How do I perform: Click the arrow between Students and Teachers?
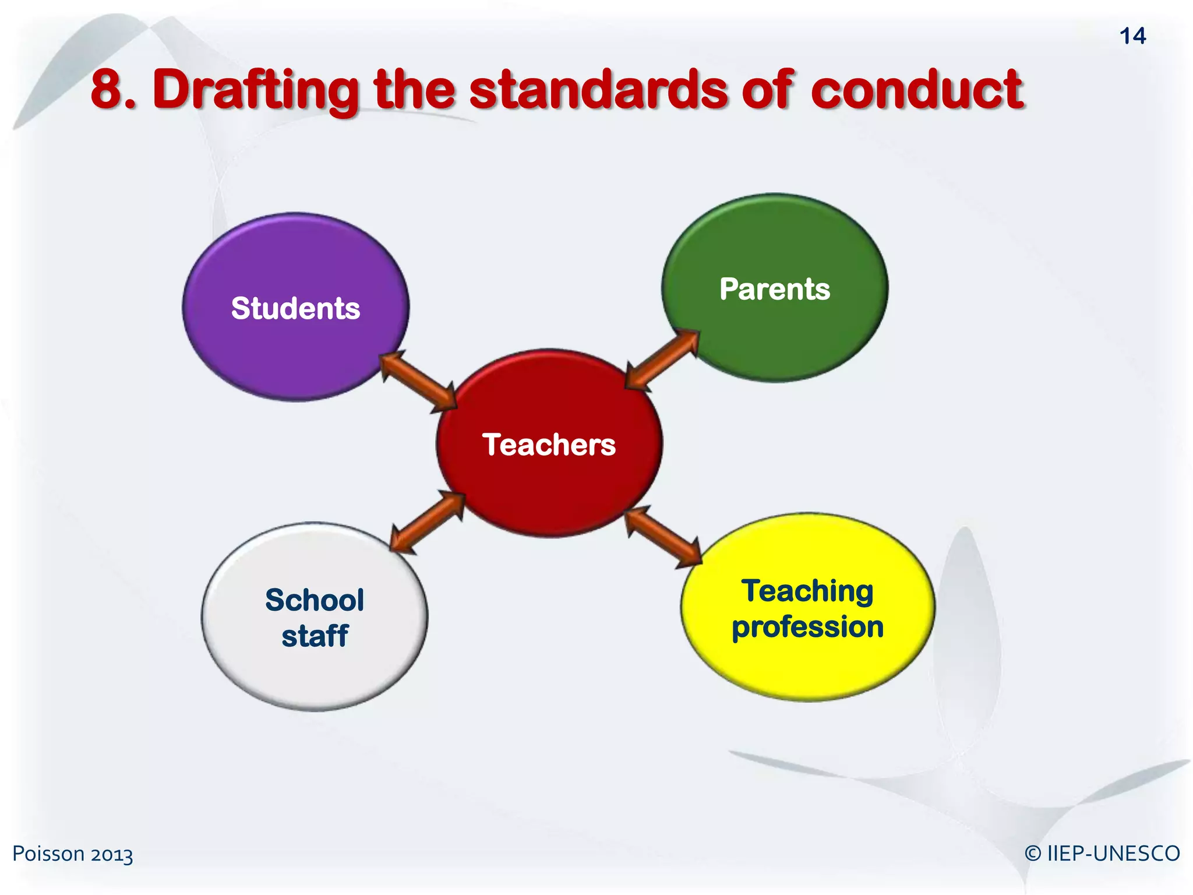(x=418, y=382)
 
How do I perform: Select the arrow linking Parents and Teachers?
(x=662, y=360)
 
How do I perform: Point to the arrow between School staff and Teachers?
(x=428, y=522)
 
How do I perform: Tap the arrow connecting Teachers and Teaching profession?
(x=663, y=537)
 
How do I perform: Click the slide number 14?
(x=1132, y=36)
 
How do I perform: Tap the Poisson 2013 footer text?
(x=73, y=854)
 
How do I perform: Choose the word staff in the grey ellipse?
(x=315, y=635)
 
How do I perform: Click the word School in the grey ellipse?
(x=315, y=600)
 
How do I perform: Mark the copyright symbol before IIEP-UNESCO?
(x=1033, y=854)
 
